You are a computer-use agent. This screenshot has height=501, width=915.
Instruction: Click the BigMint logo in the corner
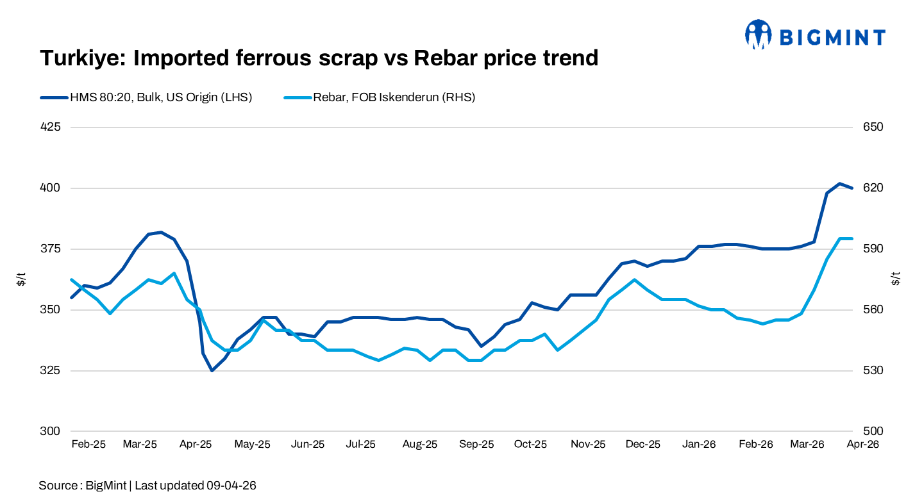814,35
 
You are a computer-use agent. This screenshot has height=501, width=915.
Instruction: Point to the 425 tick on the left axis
50,127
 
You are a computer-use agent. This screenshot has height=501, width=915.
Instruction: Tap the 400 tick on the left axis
50,188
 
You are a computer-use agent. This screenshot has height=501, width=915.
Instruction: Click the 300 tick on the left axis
50,431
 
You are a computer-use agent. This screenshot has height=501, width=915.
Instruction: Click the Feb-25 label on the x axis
88,444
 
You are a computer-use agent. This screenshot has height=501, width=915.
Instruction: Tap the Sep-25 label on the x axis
476,444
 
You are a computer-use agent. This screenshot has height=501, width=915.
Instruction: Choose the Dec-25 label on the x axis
643,444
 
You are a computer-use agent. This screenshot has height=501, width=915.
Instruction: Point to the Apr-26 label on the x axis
862,444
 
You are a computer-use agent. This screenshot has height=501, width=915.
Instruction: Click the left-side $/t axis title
22,279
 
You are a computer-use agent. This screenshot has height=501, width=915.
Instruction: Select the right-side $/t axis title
895,279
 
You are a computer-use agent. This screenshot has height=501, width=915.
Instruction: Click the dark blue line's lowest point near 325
212,370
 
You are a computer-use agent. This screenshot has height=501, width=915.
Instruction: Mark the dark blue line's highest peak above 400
839,184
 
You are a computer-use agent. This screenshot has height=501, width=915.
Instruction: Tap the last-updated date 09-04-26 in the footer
231,486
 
